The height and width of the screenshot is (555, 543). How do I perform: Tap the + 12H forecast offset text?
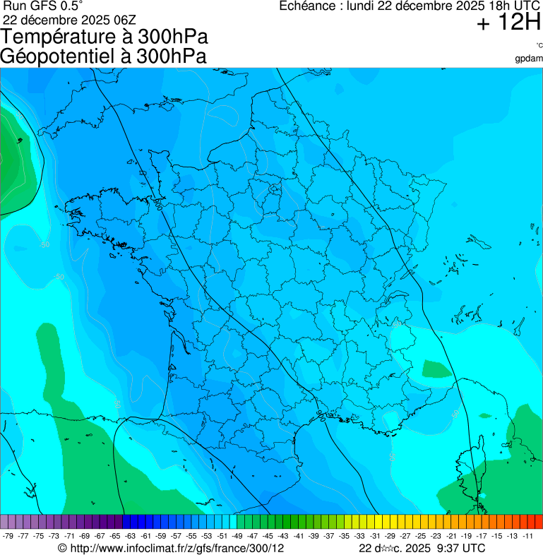[x=508, y=23]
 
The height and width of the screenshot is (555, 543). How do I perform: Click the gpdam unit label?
[x=529, y=58]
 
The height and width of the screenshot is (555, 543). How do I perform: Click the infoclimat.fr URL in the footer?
[x=176, y=548]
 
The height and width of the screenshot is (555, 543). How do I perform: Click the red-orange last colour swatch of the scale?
[x=538, y=522]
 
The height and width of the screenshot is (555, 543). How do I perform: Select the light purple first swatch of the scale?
[x=4, y=522]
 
